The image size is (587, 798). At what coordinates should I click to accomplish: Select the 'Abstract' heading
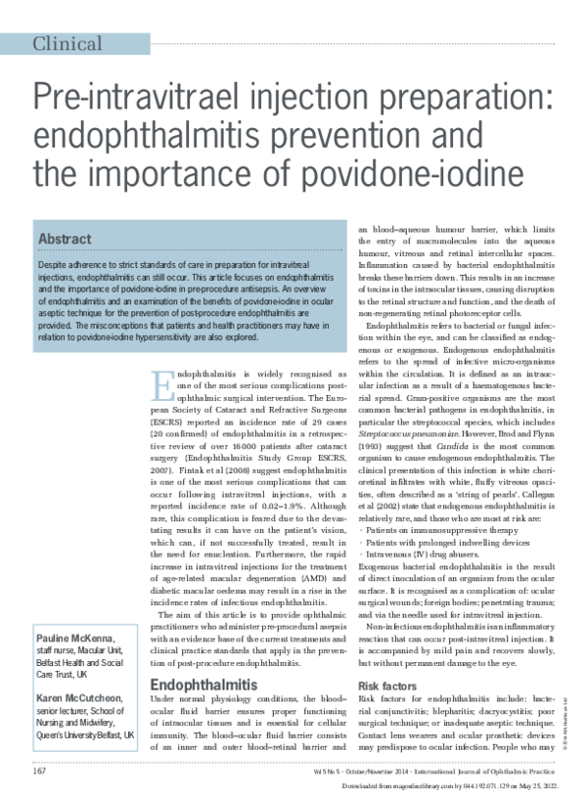[65, 239]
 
